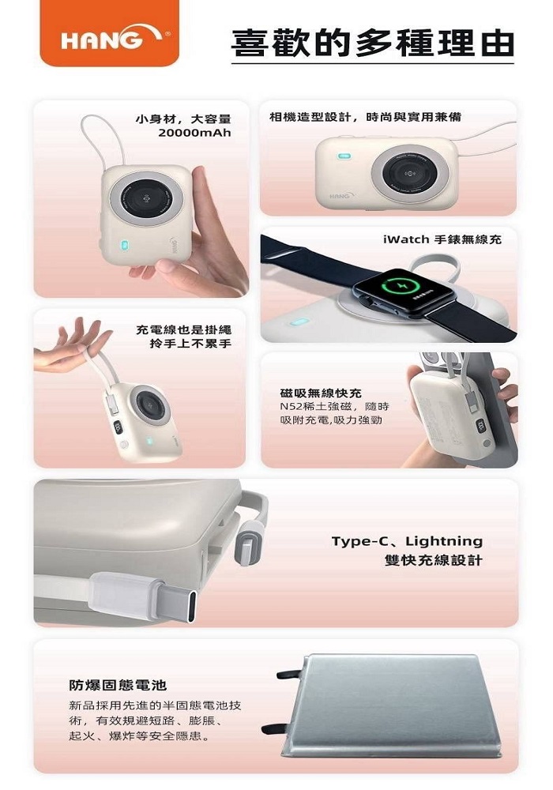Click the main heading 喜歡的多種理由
pos(373,43)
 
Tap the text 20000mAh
pos(194,133)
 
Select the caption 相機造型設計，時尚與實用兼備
pos(366,118)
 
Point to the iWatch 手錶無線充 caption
pos(442,239)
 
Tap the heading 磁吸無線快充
pos(321,393)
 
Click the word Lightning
pos(444,542)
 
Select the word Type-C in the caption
pos(360,542)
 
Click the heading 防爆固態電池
pos(118,685)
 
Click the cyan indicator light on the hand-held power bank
pos(124,246)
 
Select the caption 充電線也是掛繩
pos(184,330)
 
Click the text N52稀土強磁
pos(316,407)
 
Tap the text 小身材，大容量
pos(184,120)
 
